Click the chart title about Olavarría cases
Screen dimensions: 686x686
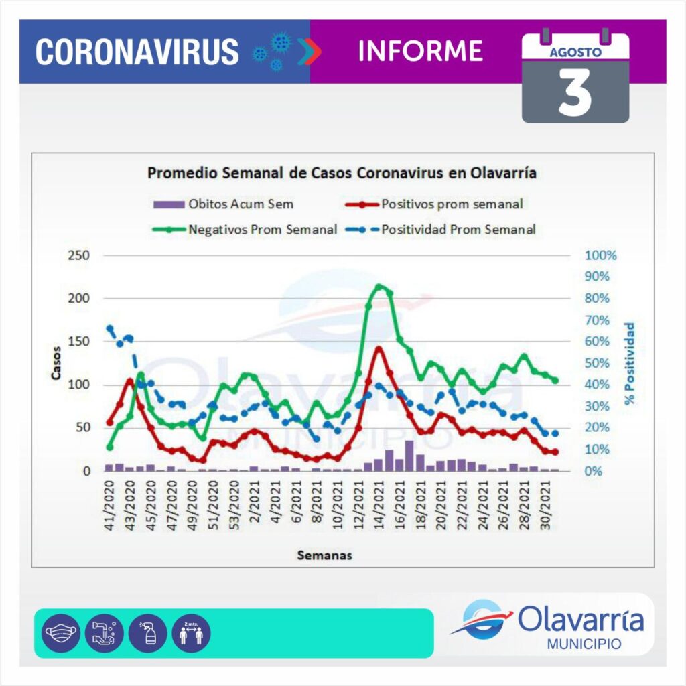[x=342, y=173]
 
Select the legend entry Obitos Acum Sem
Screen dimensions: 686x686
[x=241, y=203]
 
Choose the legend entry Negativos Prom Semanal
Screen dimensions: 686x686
[x=262, y=229]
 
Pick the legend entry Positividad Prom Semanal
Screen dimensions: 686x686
[x=459, y=229]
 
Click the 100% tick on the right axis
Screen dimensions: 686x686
[x=600, y=255]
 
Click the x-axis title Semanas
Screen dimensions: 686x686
[x=325, y=555]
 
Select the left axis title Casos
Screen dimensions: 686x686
[x=57, y=362]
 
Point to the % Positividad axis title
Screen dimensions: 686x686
[x=630, y=362]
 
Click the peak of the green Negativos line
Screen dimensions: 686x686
[x=380, y=287]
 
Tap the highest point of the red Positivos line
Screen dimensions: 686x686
[x=379, y=348]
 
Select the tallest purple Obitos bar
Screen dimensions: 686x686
[x=409, y=456]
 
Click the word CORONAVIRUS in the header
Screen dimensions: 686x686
[x=137, y=52]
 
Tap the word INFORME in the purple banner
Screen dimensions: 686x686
[x=421, y=51]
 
